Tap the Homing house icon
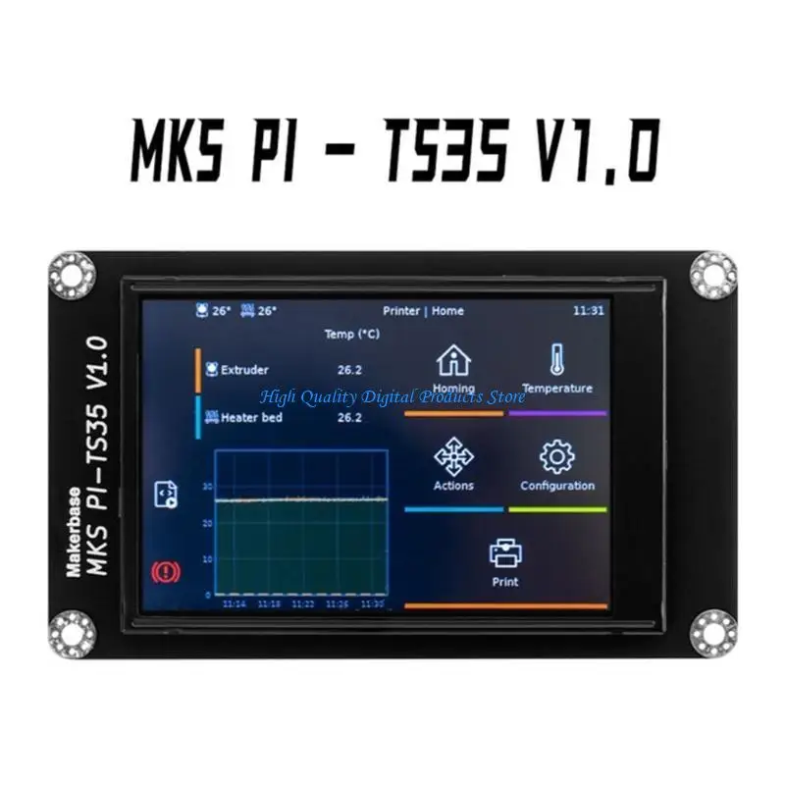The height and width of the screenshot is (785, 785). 452,360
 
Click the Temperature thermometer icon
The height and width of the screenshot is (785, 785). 556,359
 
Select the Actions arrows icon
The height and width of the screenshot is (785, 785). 452,456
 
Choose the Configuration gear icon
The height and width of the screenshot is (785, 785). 556,456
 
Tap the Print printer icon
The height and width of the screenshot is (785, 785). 505,553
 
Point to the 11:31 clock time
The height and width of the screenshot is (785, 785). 588,311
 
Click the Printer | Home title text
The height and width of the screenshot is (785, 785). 423,311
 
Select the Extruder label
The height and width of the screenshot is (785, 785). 244,370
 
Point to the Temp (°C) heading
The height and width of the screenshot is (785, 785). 352,335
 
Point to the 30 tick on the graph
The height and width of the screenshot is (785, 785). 207,486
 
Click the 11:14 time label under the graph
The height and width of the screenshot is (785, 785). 234,604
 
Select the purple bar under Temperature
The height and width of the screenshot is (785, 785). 557,413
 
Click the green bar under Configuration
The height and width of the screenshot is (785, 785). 557,509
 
